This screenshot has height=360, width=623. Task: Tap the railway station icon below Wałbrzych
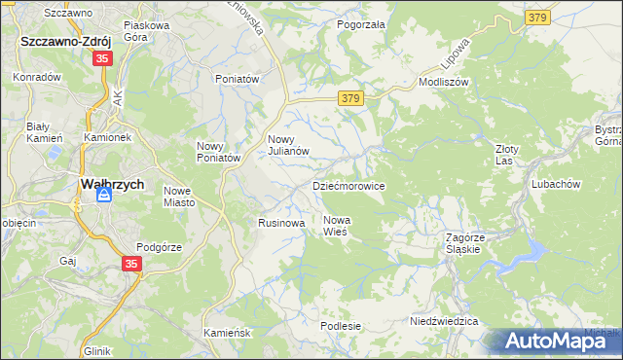104,197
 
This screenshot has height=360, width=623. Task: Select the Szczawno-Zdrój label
64,43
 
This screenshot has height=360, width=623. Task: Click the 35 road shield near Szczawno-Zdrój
103,59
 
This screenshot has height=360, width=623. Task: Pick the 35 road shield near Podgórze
132,263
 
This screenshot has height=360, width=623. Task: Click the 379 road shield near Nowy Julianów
352,98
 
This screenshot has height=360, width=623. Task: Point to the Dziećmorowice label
348,185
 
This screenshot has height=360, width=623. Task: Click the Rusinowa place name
282,223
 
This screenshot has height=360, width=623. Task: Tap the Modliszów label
444,83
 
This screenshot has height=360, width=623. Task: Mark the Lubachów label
556,184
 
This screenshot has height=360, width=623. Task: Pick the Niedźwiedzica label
444,320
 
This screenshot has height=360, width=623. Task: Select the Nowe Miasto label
180,197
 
